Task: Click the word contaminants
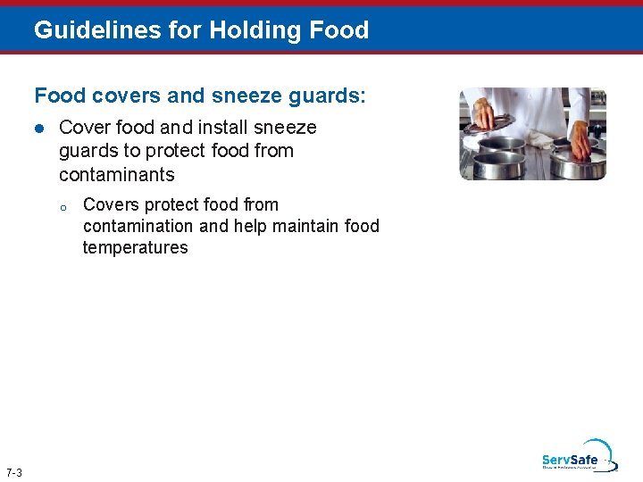(117, 174)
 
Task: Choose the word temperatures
(135, 247)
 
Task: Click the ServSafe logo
(577, 456)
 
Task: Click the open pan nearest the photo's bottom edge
(502, 165)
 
